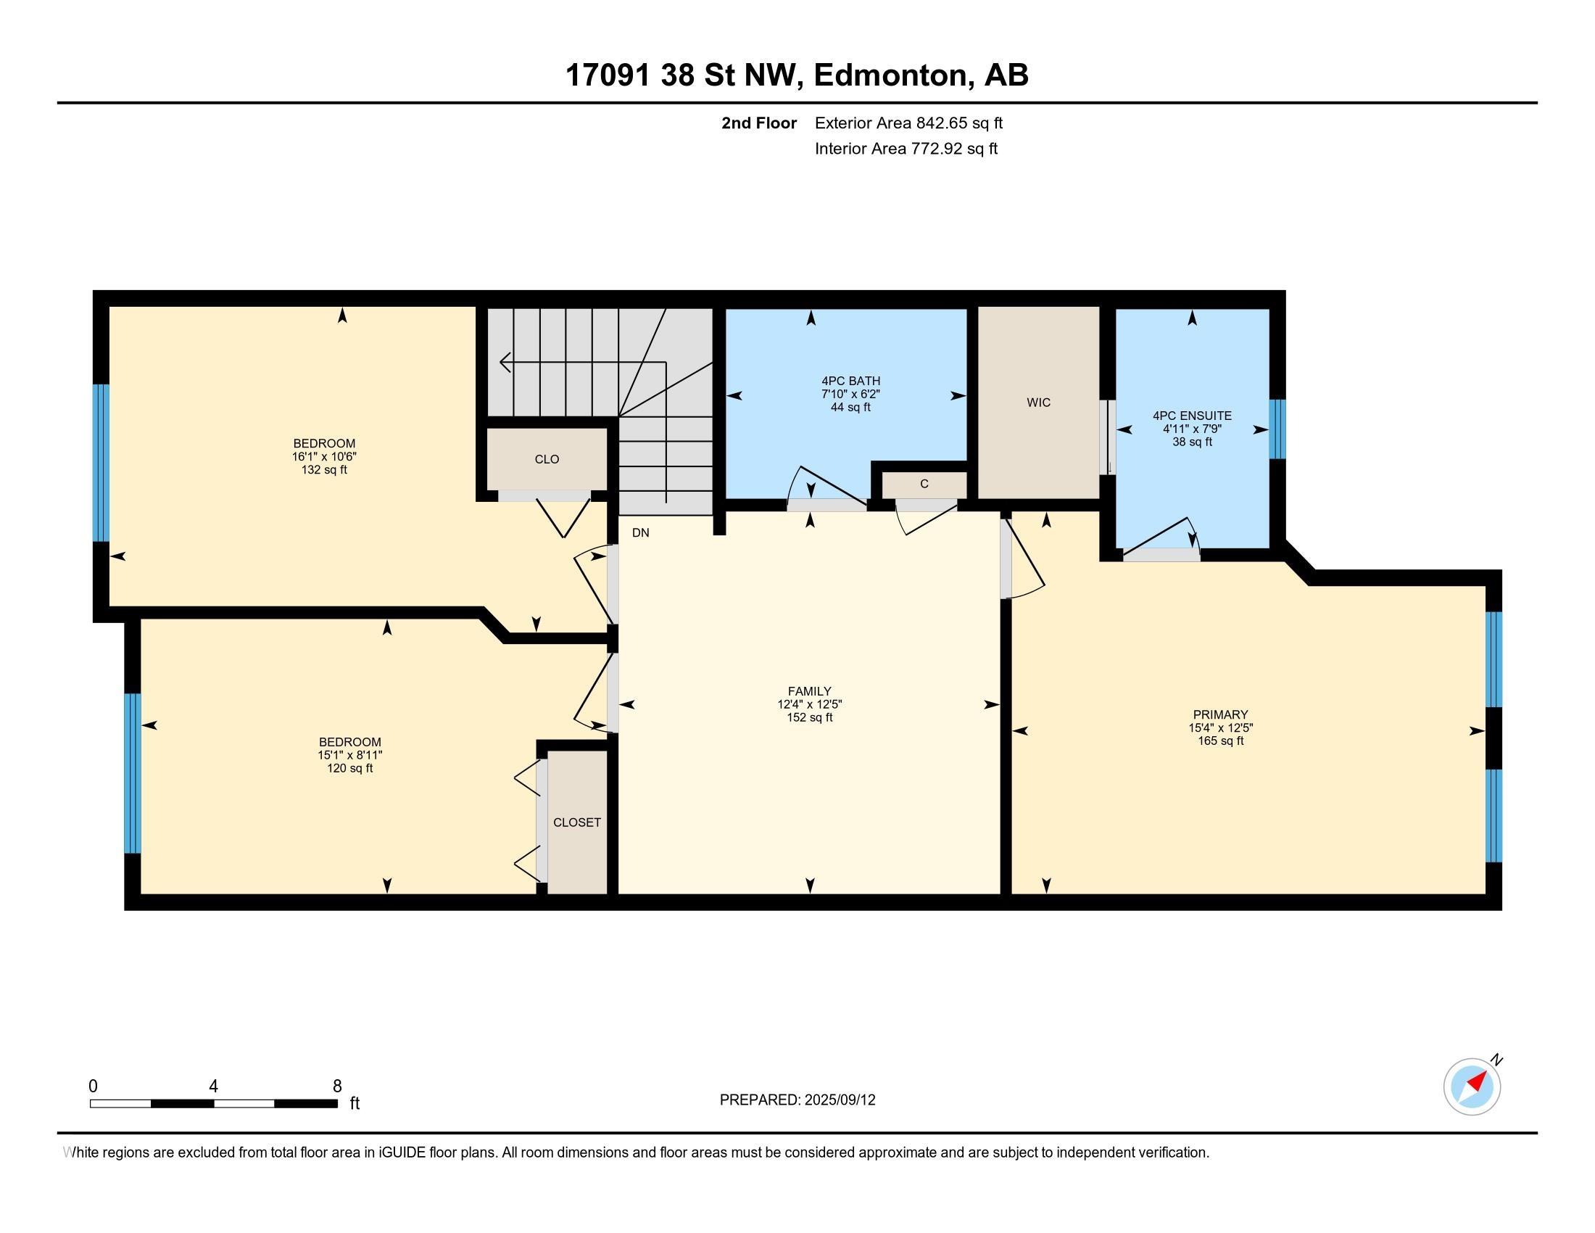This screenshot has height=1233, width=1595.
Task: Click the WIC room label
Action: pos(1038,403)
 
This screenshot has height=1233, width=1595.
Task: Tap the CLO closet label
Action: pos(547,459)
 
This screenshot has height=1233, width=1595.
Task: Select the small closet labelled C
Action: pos(924,484)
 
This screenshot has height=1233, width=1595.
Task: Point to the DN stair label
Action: pos(640,532)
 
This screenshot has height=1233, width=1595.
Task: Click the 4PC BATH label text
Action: pos(851,381)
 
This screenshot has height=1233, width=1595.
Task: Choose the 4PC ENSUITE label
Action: pos(1193,416)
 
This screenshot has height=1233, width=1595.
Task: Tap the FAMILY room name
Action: pos(809,691)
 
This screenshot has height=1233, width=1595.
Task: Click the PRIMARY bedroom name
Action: pos(1220,714)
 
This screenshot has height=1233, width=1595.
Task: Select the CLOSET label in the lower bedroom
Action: pos(577,822)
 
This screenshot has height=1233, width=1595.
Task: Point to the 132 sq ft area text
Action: pos(324,470)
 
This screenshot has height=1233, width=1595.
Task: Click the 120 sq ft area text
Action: pos(350,768)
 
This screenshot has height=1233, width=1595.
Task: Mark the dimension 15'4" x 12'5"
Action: pos(1220,727)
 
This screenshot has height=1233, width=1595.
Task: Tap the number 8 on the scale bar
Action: pos(336,1086)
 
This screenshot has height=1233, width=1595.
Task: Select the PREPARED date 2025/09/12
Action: pos(840,1100)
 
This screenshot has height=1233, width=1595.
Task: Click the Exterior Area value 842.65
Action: pos(938,123)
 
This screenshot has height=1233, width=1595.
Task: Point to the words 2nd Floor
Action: pos(759,123)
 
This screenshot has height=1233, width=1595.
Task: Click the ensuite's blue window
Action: pos(1277,429)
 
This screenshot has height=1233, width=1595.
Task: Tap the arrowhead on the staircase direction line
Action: pos(505,362)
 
